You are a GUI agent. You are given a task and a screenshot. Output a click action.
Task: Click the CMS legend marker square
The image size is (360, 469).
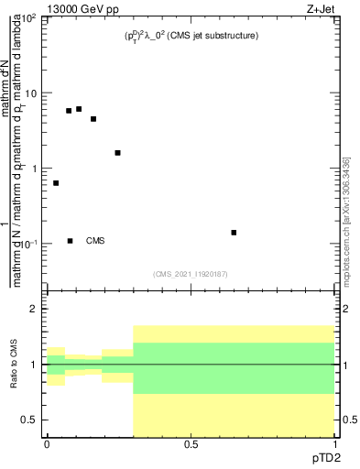tap(70, 241)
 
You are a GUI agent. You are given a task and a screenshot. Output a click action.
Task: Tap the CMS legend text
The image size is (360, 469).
tap(95, 241)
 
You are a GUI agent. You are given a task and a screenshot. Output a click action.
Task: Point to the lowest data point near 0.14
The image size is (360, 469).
tap(234, 233)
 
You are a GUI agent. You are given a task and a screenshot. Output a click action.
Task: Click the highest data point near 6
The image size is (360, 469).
tap(79, 109)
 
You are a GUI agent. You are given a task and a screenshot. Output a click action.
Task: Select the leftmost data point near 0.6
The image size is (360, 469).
tap(56, 183)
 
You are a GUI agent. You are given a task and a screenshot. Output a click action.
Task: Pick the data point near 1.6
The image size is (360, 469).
tap(117, 153)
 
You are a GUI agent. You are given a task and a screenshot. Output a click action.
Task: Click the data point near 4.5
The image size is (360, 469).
tap(93, 119)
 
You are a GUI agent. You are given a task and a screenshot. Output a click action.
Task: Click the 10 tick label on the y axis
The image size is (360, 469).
tap(31, 93)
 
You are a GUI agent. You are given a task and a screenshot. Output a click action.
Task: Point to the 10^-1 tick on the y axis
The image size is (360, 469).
tap(29, 244)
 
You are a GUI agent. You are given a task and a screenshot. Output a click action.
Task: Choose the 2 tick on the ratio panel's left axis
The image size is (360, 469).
tap(36, 310)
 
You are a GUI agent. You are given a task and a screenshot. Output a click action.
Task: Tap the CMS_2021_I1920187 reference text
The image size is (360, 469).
tap(191, 272)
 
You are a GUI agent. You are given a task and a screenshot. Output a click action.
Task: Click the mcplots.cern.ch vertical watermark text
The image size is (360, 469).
tap(347, 220)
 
